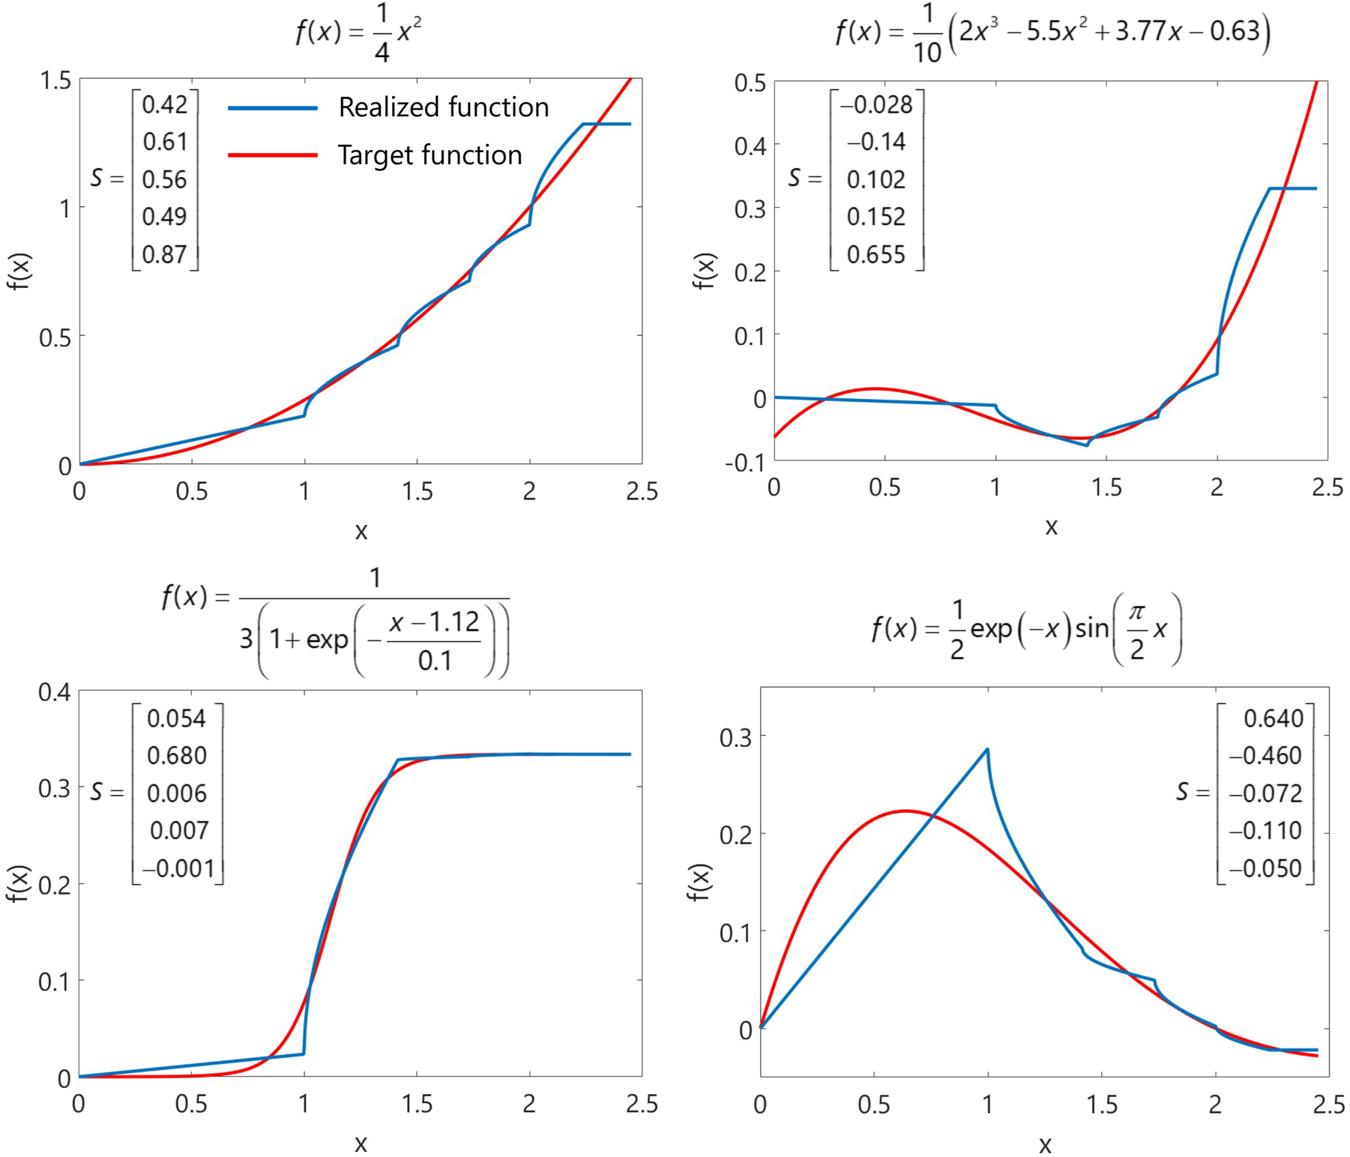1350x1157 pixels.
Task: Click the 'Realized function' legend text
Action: coord(443,107)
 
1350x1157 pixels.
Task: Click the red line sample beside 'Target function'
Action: coord(273,155)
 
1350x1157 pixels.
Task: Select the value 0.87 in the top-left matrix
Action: coord(164,254)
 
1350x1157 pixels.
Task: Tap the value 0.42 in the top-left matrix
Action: coord(164,105)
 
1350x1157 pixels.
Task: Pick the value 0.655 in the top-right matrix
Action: coord(876,255)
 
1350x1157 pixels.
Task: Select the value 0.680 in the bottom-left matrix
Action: coord(176,755)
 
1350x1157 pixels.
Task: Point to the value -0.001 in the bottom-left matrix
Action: coord(178,868)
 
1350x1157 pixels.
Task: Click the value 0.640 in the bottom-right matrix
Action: coord(1273,718)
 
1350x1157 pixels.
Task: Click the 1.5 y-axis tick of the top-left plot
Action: coord(55,80)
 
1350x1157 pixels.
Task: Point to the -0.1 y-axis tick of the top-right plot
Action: coord(744,463)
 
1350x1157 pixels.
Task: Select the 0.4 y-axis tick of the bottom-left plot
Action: coord(55,691)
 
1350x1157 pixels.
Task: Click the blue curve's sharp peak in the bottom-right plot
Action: coord(987,749)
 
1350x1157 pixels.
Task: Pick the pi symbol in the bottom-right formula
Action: coord(1136,613)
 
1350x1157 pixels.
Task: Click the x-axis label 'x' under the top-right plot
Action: coord(1051,527)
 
